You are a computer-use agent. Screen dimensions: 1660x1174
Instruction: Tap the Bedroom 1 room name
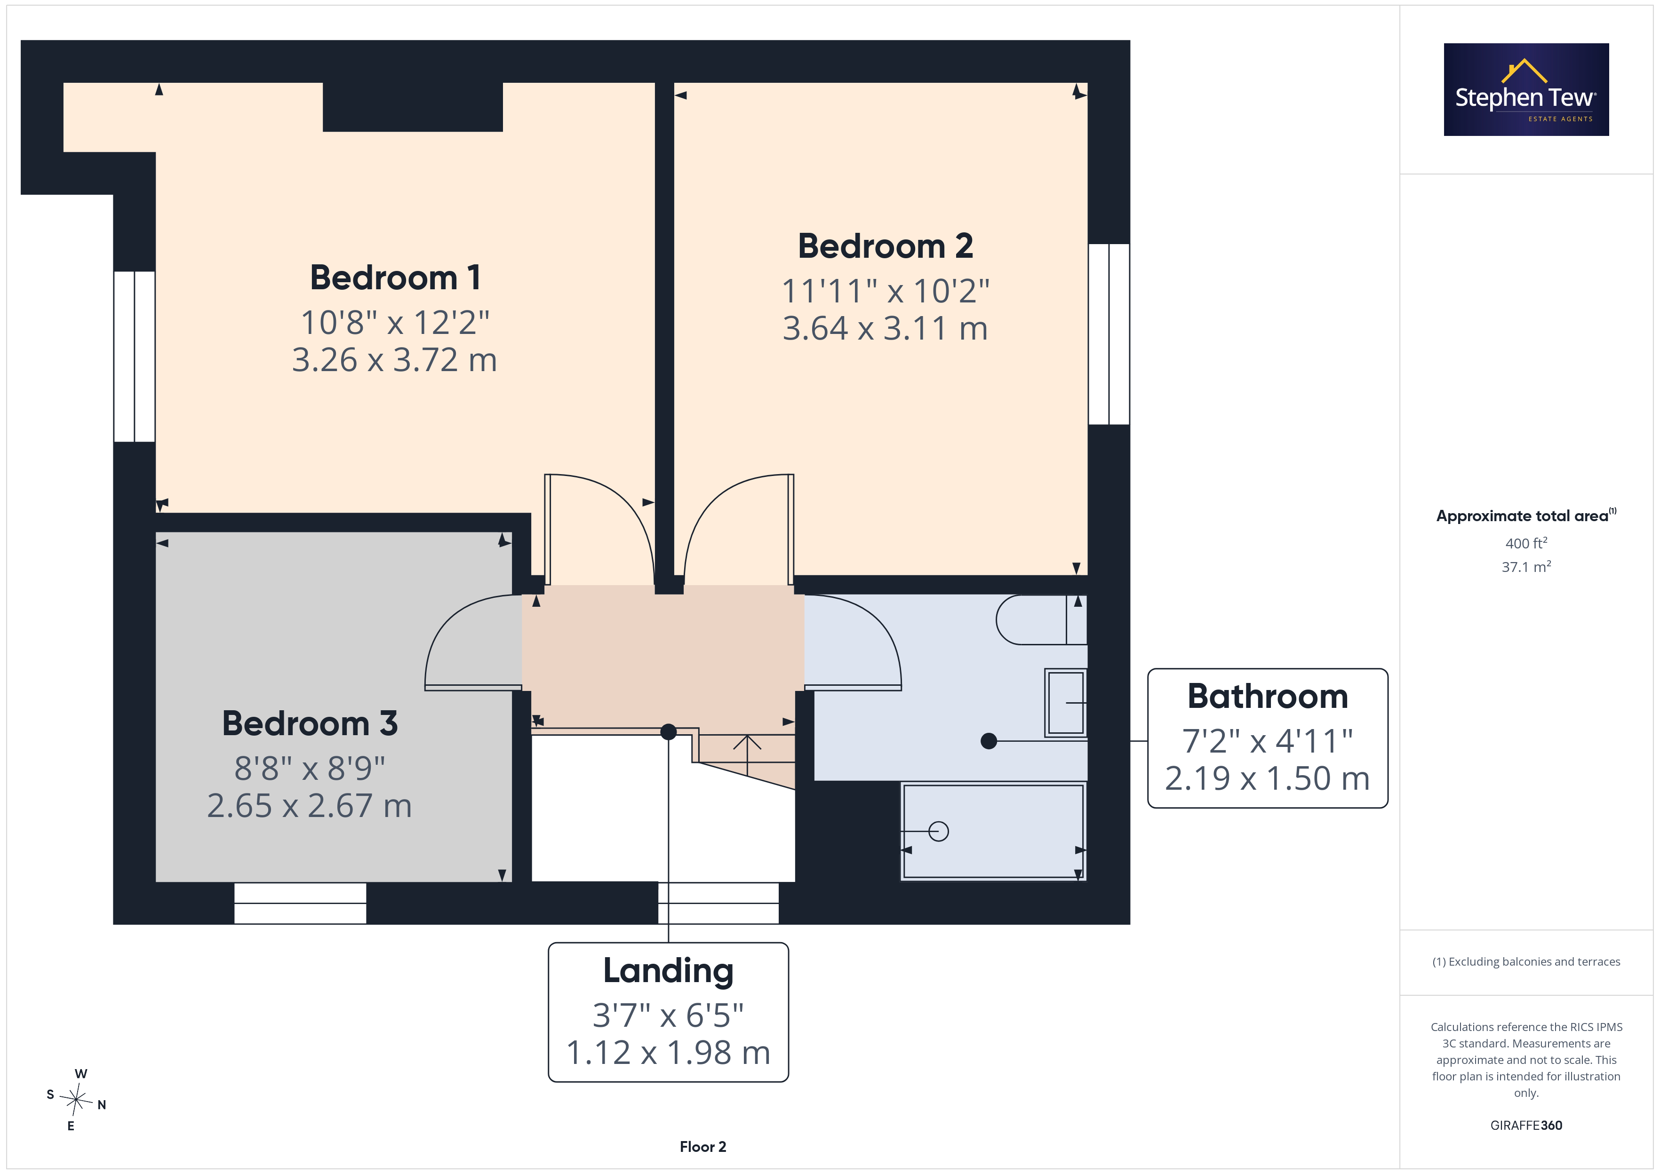pyautogui.click(x=396, y=278)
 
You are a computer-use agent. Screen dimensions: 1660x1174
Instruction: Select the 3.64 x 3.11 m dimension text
pyautogui.click(x=885, y=328)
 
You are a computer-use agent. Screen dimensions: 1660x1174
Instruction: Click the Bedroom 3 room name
pyautogui.click(x=310, y=723)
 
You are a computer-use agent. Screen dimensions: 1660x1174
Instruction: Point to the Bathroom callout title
pyautogui.click(x=1268, y=696)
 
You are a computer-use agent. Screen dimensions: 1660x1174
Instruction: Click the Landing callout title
pyautogui.click(x=668, y=971)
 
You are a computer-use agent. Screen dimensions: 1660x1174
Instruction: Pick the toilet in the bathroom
pyautogui.click(x=1041, y=619)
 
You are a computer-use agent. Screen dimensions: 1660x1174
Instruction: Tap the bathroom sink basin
pyautogui.click(x=1066, y=703)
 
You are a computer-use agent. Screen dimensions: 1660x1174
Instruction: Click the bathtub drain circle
pyautogui.click(x=938, y=831)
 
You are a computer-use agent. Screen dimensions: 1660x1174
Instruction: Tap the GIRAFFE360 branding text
pyautogui.click(x=1526, y=1126)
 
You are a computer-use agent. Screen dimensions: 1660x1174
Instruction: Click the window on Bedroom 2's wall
pyautogui.click(x=1109, y=334)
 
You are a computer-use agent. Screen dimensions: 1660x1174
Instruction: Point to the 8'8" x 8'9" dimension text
pyautogui.click(x=310, y=769)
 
